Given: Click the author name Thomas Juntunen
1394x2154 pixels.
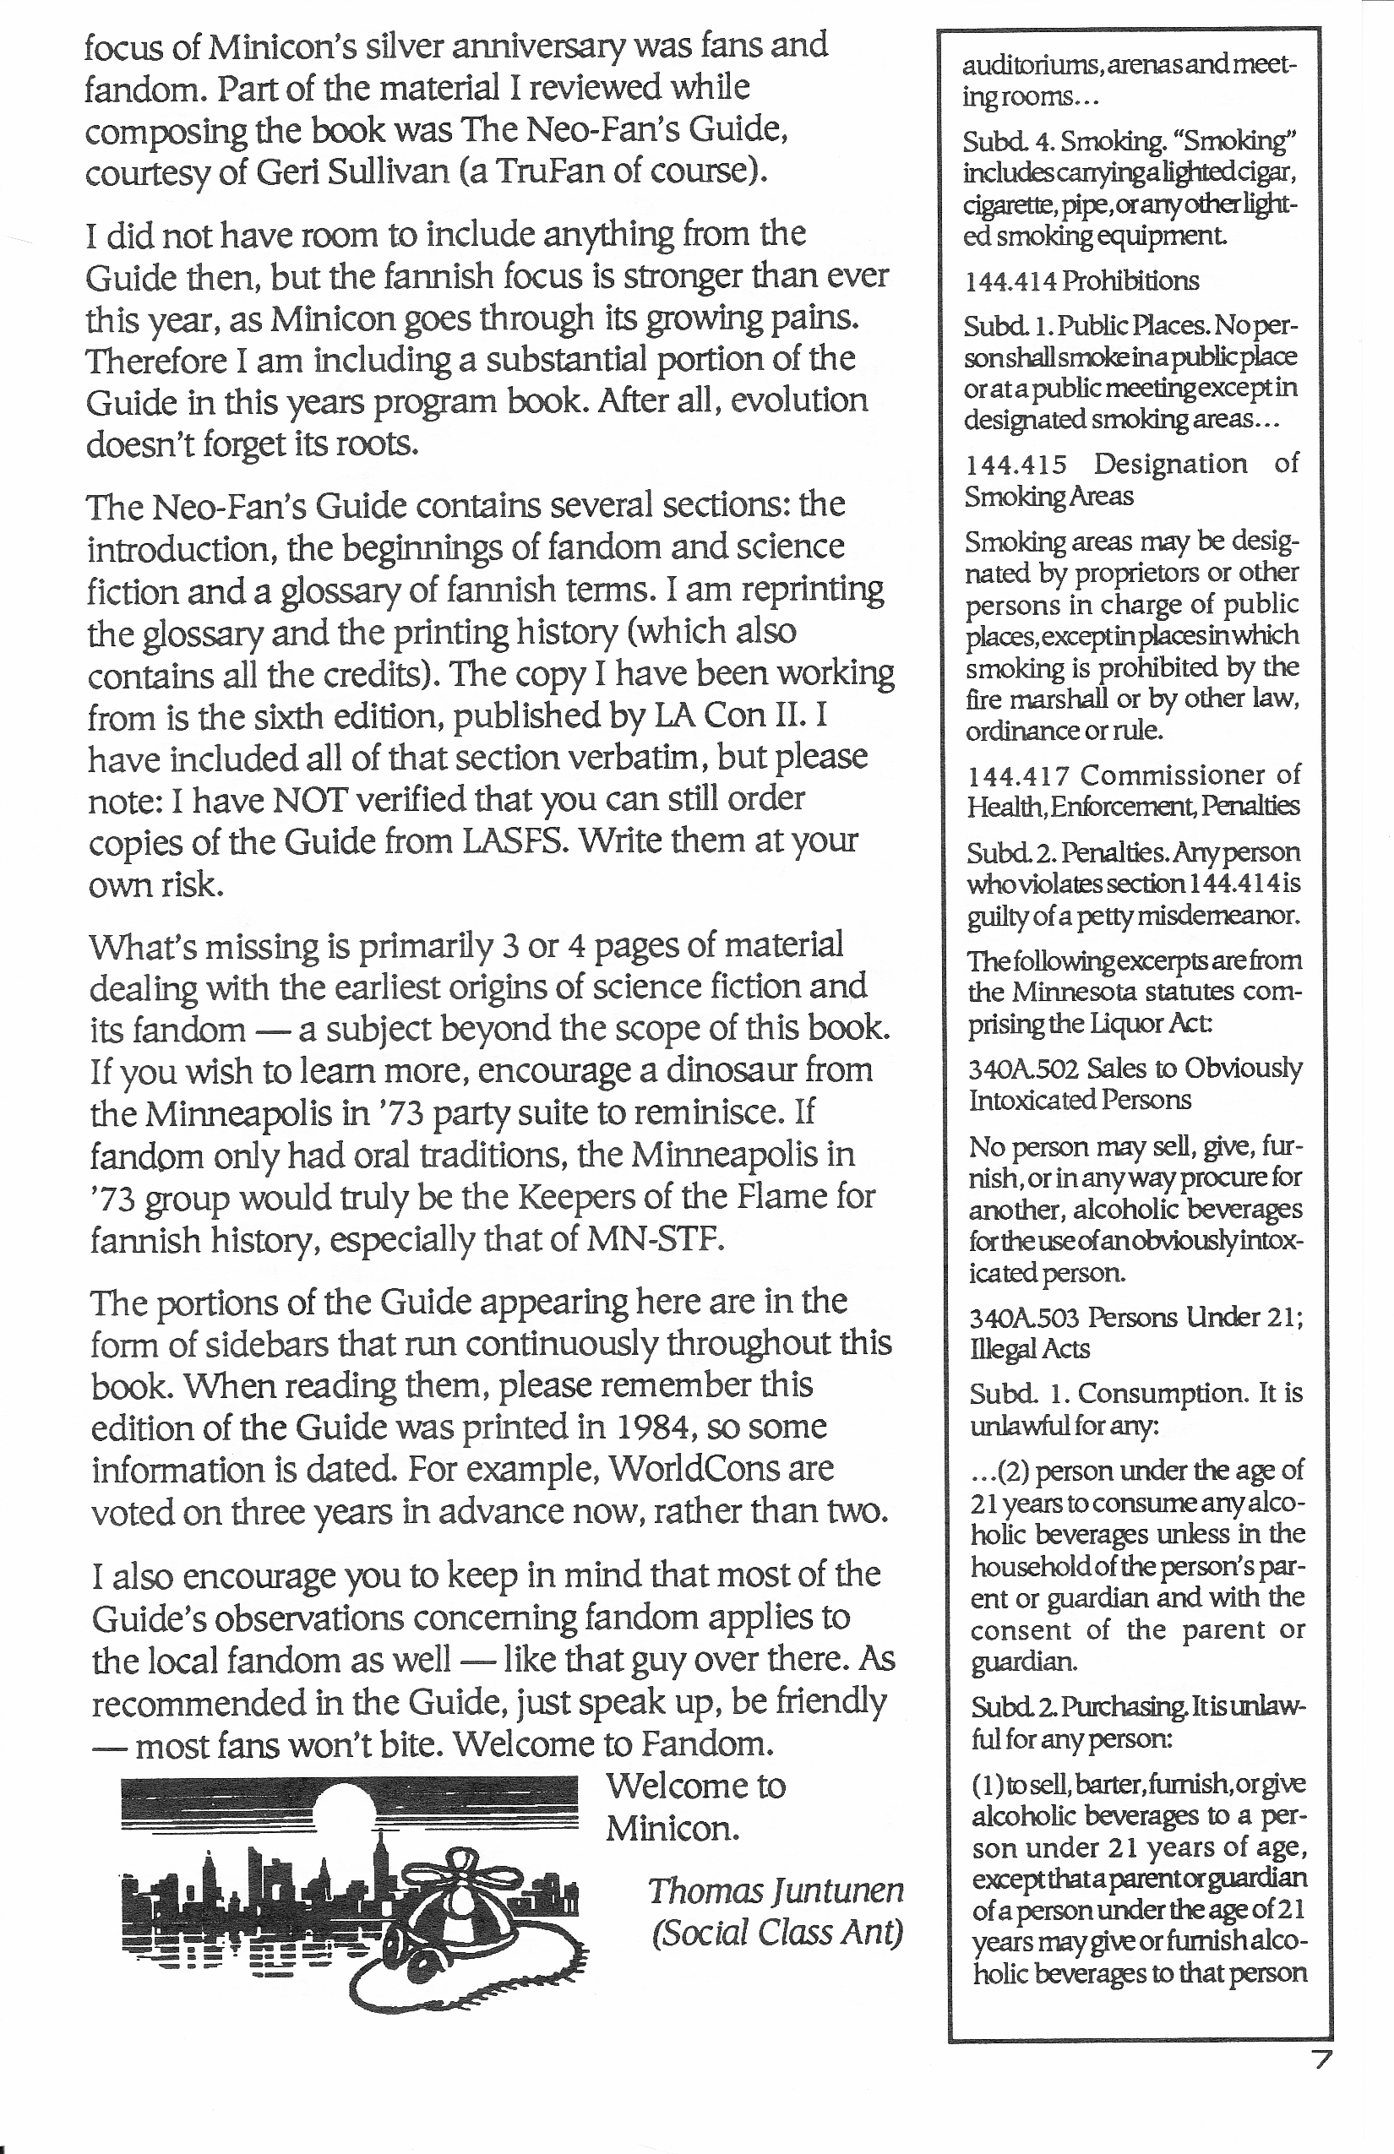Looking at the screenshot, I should (x=776, y=1890).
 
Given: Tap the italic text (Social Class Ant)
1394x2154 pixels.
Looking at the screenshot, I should (x=776, y=1934).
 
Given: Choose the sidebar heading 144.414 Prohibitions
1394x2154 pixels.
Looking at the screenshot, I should (x=1081, y=280).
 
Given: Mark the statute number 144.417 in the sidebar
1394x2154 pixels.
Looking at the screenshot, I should (x=1018, y=775).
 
